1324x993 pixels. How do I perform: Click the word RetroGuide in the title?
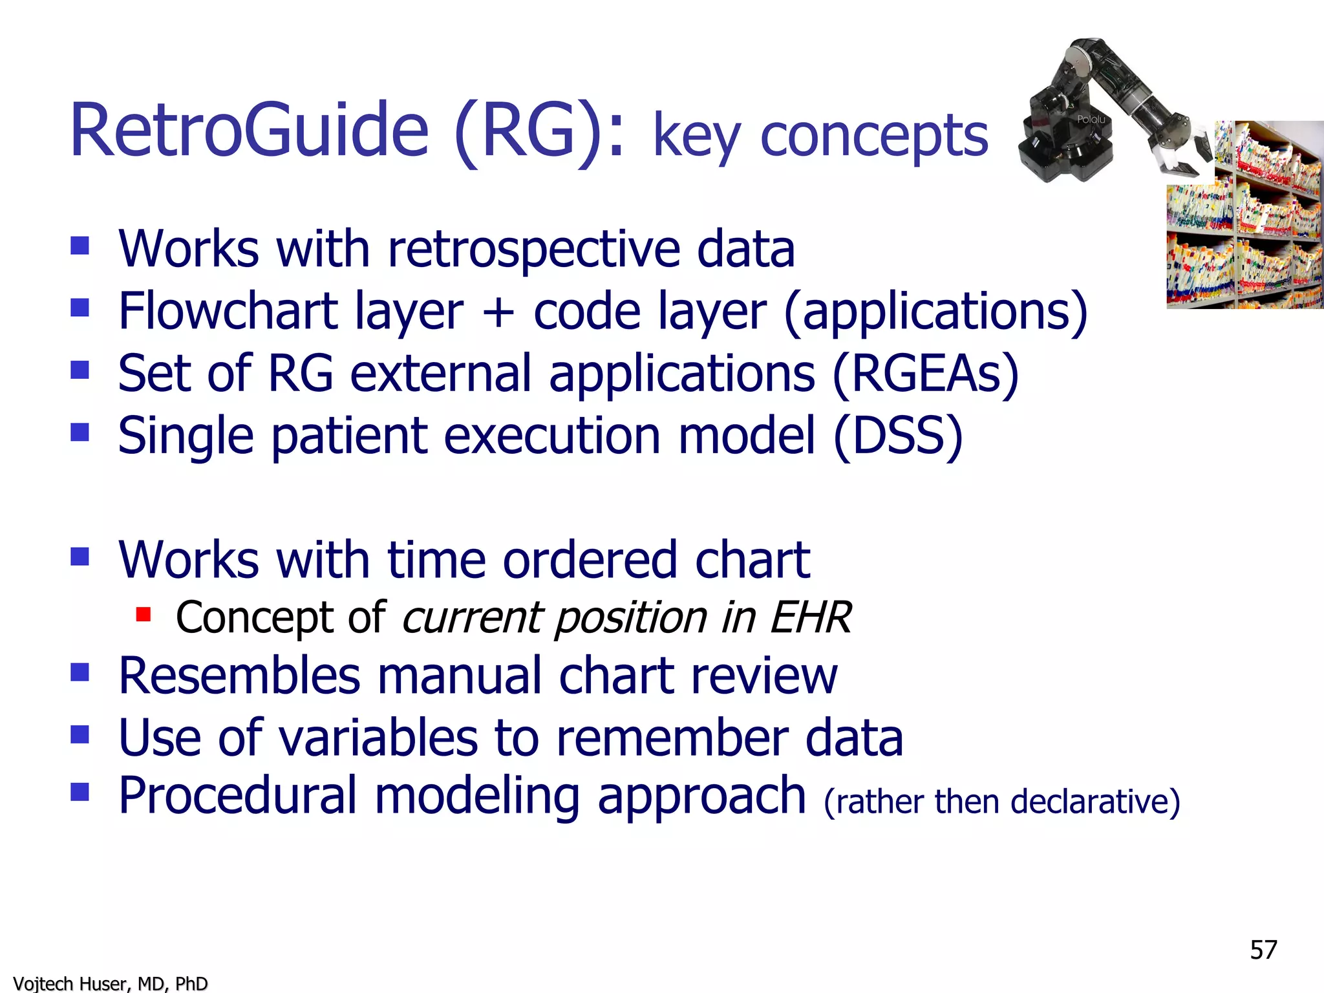tap(249, 131)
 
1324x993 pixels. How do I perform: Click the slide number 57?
tap(1263, 950)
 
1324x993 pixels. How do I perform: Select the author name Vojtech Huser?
tap(72, 983)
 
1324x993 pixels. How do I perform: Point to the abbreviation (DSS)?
tap(898, 436)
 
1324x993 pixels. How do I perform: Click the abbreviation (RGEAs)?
tap(925, 374)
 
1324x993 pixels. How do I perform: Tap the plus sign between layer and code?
tap(498, 313)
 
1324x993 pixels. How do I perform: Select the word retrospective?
tap(533, 251)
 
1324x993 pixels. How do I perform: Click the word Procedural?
tap(237, 795)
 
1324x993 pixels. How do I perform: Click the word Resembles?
tap(239, 676)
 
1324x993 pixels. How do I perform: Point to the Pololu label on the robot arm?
tap(1091, 120)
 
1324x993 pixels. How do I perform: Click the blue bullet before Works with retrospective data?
tap(80, 246)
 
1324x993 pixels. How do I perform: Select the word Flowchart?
tap(228, 312)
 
